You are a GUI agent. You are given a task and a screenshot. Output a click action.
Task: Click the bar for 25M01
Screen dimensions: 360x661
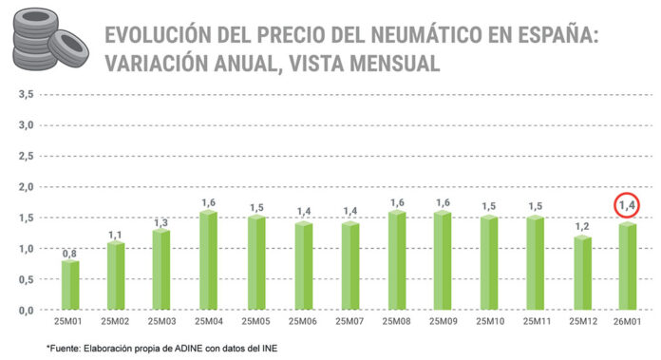(70, 285)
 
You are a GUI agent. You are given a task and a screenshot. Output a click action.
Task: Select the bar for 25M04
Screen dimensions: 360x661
(209, 260)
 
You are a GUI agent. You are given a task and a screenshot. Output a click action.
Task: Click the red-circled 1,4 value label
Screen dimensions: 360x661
(628, 205)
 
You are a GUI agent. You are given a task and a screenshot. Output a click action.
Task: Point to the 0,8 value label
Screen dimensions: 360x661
(70, 253)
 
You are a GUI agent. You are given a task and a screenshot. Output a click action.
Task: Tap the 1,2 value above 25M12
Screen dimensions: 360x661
(581, 228)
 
